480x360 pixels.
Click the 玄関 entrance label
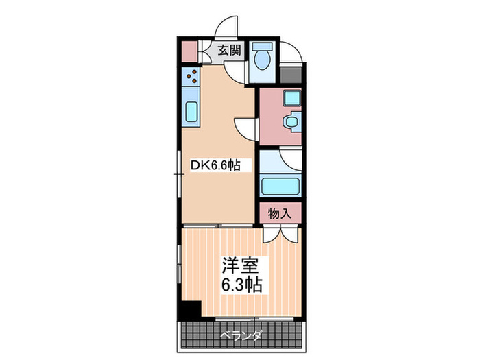click(x=230, y=49)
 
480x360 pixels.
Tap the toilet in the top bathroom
click(x=261, y=59)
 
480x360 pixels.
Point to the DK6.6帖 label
click(x=215, y=165)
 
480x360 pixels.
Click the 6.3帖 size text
click(x=240, y=284)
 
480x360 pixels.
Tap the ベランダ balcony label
click(x=241, y=335)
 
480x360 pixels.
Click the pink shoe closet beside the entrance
click(x=189, y=50)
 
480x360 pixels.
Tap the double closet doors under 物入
click(x=279, y=233)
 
